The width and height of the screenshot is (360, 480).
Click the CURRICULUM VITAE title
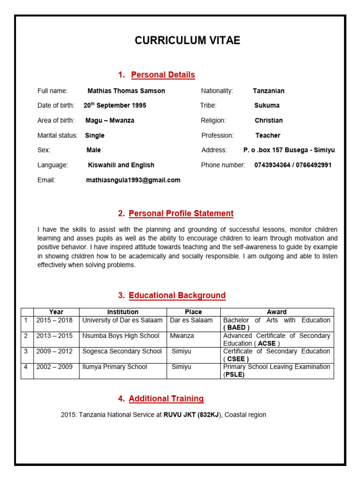click(187, 41)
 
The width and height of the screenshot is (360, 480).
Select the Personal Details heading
click(163, 75)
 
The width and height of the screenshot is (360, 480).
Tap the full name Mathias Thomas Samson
click(126, 91)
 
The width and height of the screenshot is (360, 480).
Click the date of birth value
click(115, 105)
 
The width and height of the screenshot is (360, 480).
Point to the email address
click(133, 180)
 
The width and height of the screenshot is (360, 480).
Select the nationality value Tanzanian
click(269, 91)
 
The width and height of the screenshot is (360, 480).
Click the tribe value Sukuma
click(267, 105)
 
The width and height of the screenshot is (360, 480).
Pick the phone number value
click(292, 165)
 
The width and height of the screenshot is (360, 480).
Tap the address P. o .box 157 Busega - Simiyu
click(289, 150)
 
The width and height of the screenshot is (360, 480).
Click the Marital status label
click(57, 135)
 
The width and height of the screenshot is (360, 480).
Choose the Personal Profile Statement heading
click(180, 214)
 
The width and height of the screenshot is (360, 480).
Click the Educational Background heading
click(177, 296)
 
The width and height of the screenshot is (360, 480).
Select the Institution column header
click(123, 312)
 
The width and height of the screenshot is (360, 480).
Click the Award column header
click(277, 312)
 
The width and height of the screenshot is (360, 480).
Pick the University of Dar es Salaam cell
click(122, 320)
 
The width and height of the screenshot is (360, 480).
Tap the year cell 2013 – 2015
click(54, 336)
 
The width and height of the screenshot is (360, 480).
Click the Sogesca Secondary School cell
click(122, 351)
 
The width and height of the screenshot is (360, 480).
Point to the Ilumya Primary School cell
click(114, 367)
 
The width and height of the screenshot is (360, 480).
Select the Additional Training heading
click(166, 399)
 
